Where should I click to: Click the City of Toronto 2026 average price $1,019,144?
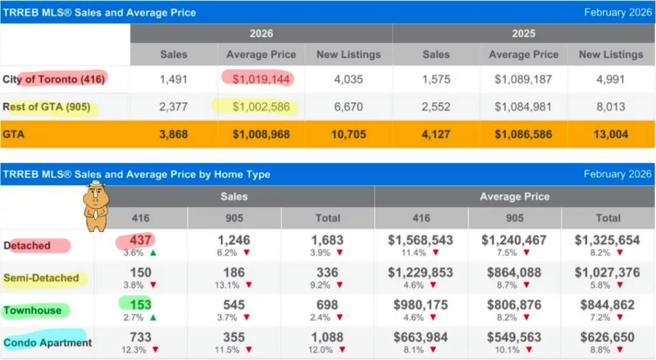coord(261,79)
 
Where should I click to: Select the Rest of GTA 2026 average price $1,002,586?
coord(261,107)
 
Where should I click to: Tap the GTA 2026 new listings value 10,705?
coord(348,135)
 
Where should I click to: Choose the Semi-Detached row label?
coord(41,278)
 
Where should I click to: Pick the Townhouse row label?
coord(33,311)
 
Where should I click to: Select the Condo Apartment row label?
coord(47,343)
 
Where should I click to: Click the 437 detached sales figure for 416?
coord(140,240)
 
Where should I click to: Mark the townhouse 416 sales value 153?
coord(140,305)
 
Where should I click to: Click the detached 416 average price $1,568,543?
coord(421,240)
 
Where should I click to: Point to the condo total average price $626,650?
coord(608,338)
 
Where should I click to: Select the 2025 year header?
coord(523,33)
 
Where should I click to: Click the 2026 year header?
coord(261,33)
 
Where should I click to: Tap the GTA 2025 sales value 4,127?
coord(436,135)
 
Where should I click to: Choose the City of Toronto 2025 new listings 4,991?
coord(611,79)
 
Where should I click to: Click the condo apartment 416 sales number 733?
coord(140,338)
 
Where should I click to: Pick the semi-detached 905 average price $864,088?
coord(514,272)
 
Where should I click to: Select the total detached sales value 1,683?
coord(327,240)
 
